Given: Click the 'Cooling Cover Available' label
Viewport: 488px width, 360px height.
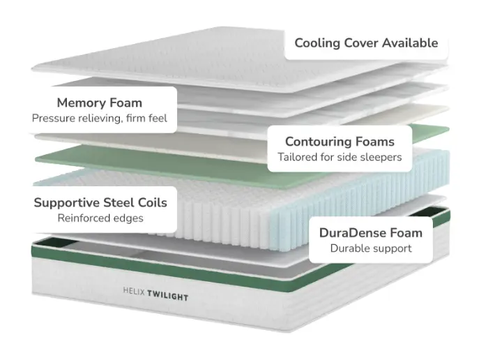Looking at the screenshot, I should (x=366, y=43).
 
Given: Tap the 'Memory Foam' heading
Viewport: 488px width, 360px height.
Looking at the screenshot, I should (x=99, y=103).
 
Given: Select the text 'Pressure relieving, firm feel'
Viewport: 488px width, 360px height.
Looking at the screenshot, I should (x=99, y=118).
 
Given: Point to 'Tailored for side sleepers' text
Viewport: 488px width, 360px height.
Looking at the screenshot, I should (x=340, y=157).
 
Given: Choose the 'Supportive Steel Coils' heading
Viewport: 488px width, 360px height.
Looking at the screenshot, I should (x=100, y=202).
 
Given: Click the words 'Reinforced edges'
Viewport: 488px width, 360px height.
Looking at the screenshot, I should (x=100, y=218).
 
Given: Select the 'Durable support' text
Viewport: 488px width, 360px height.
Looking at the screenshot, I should (x=371, y=248).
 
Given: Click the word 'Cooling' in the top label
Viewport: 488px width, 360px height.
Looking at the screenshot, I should (x=318, y=43).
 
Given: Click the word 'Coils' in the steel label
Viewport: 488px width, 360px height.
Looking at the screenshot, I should (x=152, y=202).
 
